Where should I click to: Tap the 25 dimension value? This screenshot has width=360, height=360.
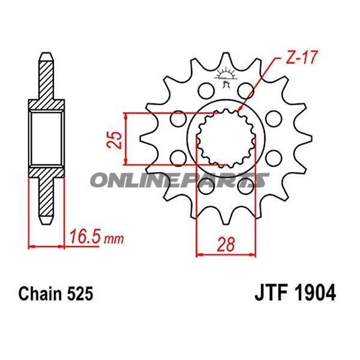pyautogui.click(x=119, y=139)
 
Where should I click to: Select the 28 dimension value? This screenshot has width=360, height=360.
pyautogui.click(x=226, y=244)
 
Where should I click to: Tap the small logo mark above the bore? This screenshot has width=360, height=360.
pyautogui.click(x=226, y=76)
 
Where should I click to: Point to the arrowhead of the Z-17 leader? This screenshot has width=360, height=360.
pyautogui.click(x=241, y=111)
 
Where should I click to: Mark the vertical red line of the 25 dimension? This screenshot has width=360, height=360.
pyautogui.click(x=125, y=138)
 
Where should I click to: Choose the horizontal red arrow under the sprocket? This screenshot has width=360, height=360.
pyautogui.click(x=226, y=255)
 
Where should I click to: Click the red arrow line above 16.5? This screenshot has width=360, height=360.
pyautogui.click(x=46, y=245)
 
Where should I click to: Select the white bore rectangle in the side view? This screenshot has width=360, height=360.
pyautogui.click(x=46, y=139)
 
